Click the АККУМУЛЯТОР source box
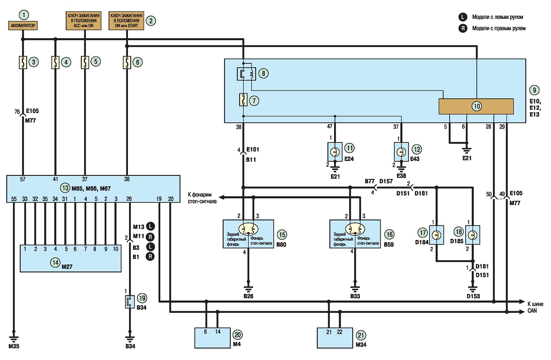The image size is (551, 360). tap(23, 26)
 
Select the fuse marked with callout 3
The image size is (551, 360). tap(23, 63)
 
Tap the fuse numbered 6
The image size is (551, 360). tap(127, 63)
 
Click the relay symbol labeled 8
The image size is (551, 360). tap(246, 74)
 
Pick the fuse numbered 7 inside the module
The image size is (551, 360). tap(243, 100)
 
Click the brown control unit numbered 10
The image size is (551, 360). tap(476, 106)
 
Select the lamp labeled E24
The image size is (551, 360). tap(335, 152)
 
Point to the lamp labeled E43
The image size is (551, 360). tap(401, 152)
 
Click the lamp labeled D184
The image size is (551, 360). tap(436, 235)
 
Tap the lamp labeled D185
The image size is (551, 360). tap(473, 235)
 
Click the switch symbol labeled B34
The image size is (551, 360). tap(130, 302)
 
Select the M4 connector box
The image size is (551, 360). tap(213, 338)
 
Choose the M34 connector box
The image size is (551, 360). tap(335, 338)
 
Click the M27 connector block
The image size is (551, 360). tap(70, 258)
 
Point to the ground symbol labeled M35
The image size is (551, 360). tap(14, 339)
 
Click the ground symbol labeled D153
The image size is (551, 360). tap(473, 289)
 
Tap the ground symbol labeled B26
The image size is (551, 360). tap(248, 289)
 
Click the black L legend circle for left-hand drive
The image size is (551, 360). tap(463, 17)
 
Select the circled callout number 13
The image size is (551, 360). tap(65, 188)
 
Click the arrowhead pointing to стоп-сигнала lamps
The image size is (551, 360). tap(221, 197)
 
